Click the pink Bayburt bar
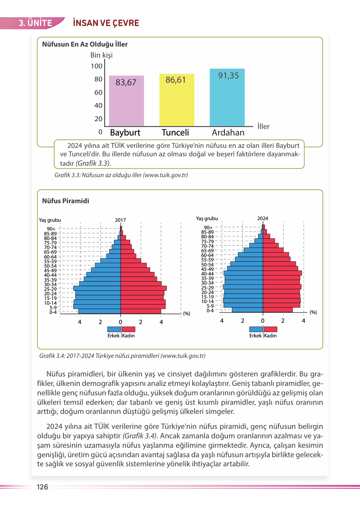[x=126, y=104]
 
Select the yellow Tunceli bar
[x=177, y=104]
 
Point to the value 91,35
[x=228, y=76]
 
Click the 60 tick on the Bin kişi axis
[x=98, y=92]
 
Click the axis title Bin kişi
[x=101, y=55]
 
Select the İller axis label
[x=263, y=126]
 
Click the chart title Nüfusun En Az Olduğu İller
[x=85, y=44]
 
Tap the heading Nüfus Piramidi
[x=65, y=201]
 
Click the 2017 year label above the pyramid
[x=120, y=220]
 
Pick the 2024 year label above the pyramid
[x=263, y=219]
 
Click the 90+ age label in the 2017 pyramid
[x=51, y=229]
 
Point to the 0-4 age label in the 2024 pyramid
[x=210, y=311]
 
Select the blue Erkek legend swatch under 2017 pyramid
[x=114, y=329]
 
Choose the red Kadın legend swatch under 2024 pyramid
[x=270, y=329]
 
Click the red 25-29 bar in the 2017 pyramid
[x=143, y=288]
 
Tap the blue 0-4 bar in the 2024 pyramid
[x=247, y=310]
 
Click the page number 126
[x=42, y=487]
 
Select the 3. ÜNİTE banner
[x=35, y=23]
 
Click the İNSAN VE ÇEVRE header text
[x=106, y=23]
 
